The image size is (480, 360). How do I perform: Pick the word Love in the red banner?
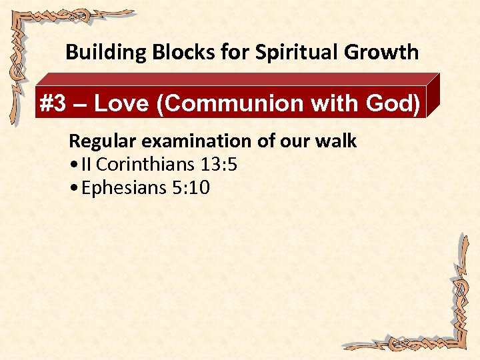[119, 104]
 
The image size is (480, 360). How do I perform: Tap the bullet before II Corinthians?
[73, 165]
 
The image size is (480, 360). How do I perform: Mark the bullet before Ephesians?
[73, 189]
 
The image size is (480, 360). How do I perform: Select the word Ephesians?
[123, 189]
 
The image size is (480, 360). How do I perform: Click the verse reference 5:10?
[191, 188]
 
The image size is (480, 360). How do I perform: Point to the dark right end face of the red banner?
[434, 97]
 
